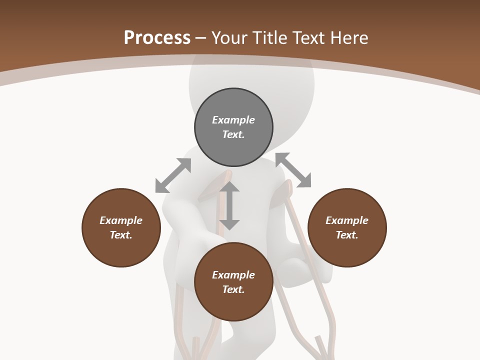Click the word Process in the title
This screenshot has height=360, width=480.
click(x=157, y=38)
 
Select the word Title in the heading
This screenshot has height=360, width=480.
click(x=271, y=38)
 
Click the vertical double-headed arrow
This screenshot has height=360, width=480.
click(x=229, y=205)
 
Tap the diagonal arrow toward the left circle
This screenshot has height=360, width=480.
click(x=173, y=175)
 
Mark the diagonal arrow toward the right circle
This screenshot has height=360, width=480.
click(x=293, y=170)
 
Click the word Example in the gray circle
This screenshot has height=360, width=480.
click(x=233, y=120)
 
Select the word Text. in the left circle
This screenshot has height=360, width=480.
click(x=121, y=235)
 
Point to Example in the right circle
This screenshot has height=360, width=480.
click(x=347, y=220)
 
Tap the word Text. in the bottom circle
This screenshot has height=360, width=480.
click(x=233, y=289)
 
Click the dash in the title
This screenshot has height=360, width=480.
click(x=201, y=38)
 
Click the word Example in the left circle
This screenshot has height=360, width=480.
click(x=121, y=220)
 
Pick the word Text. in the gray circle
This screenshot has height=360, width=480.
click(x=233, y=134)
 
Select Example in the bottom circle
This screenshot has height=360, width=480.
click(x=233, y=275)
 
